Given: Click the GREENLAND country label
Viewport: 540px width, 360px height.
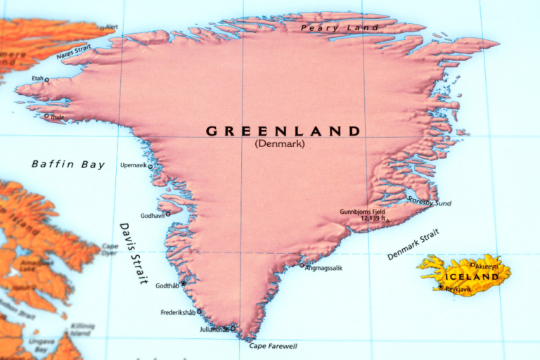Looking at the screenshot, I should coord(283,131).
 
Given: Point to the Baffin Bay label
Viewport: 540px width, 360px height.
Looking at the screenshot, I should coord(67,165).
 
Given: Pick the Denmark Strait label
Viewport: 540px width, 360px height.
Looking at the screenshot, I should coord(413,245).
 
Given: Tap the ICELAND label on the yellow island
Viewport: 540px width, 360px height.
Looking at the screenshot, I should coord(470,276).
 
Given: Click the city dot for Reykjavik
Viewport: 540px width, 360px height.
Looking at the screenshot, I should coord(441,287).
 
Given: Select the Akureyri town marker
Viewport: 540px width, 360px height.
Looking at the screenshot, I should coord(472,265).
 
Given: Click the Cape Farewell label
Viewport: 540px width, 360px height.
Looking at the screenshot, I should coord(273,346).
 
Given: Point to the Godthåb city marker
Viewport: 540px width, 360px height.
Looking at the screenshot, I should coord(184,283).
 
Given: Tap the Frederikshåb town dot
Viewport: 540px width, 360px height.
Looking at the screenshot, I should coord(199,311).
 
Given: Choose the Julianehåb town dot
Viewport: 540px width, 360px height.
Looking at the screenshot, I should coord(233,328).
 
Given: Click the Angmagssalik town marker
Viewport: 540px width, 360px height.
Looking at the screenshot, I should coord(302,265).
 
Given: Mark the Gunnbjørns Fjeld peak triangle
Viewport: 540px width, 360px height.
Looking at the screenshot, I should coord(387,220).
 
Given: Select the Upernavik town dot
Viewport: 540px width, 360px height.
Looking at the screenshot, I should coord(150,167).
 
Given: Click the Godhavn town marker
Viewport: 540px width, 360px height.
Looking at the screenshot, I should coord(167,214).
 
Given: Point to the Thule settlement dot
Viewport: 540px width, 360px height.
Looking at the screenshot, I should coord(46,116).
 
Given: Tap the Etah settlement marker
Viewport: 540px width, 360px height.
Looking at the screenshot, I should coord(47,79).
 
